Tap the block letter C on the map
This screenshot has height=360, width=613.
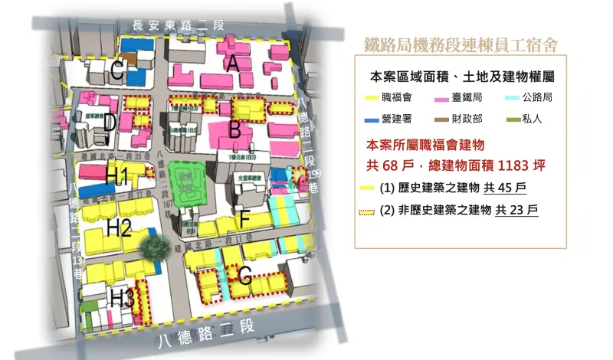coord(117,73)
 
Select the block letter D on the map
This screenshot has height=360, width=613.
coord(110,123)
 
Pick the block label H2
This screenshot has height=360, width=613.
coord(120,227)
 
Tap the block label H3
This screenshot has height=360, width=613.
coord(122,296)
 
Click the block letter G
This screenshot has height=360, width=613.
coord(244,273)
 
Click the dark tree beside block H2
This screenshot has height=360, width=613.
coord(156,246)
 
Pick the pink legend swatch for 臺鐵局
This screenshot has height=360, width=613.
coord(442,98)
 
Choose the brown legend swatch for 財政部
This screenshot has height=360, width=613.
coord(442,119)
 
